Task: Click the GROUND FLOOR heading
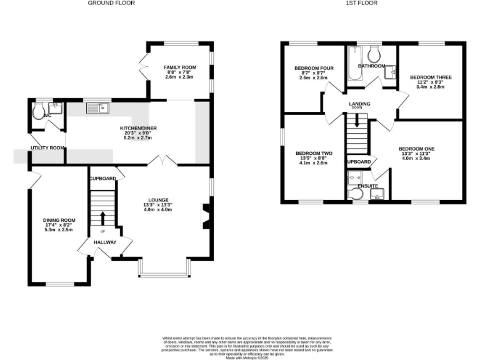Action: [111, 3]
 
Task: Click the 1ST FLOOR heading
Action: [361, 3]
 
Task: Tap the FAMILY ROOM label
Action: [179, 67]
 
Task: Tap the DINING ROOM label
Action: [59, 220]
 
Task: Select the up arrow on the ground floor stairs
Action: [102, 217]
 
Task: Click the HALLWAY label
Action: [105, 242]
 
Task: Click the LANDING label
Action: [359, 104]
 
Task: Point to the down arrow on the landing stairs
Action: [357, 122]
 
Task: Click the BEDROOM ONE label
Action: [416, 148]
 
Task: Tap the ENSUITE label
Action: [367, 186]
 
